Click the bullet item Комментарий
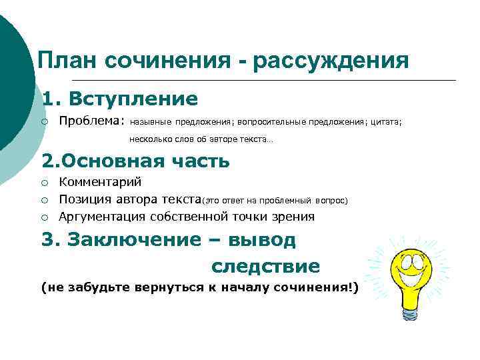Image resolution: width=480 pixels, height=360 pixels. click(100, 182)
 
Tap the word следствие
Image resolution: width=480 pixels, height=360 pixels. click(265, 267)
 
